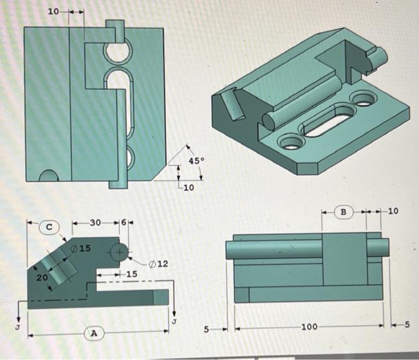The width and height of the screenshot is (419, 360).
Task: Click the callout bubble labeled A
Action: pyautogui.click(x=93, y=332)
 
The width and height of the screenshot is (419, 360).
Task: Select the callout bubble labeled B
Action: pyautogui.click(x=344, y=211)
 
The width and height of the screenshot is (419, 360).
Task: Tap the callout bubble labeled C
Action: pyautogui.click(x=50, y=227)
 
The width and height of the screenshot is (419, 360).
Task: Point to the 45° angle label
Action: pyautogui.click(x=196, y=161)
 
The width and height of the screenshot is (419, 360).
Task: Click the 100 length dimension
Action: pyautogui.click(x=309, y=328)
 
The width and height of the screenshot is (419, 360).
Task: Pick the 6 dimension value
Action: pyautogui.click(x=123, y=223)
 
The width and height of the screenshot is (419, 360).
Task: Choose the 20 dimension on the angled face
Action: pyautogui.click(x=41, y=278)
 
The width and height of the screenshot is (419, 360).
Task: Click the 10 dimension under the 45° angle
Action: pyautogui.click(x=189, y=188)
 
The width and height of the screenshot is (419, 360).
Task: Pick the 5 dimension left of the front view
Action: pyautogui.click(x=206, y=328)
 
